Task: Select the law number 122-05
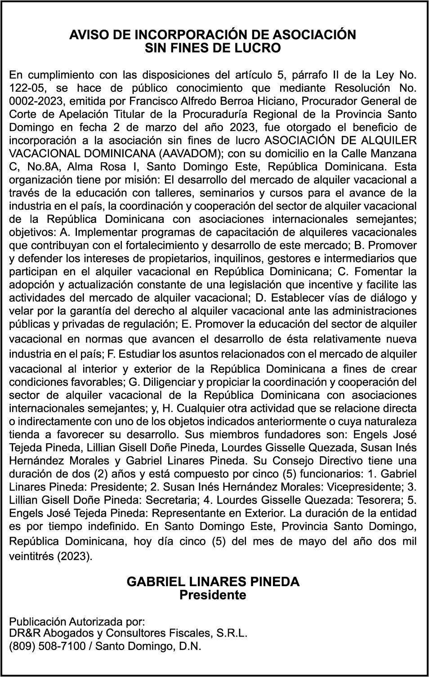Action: point(26,88)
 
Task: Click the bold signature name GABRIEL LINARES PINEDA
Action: point(213,582)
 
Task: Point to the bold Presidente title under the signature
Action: point(213,595)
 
